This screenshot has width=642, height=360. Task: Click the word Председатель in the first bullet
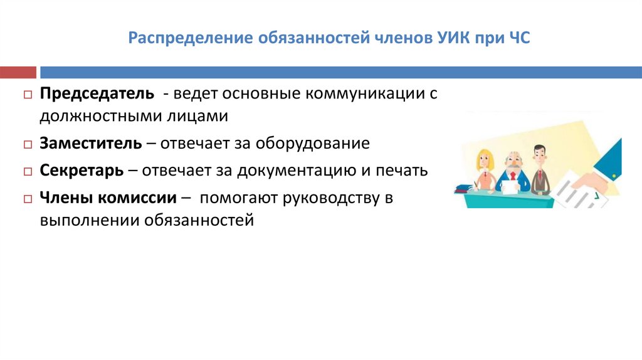[x=97, y=93]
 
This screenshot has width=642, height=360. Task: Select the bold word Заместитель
[x=91, y=143]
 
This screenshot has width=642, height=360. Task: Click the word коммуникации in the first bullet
[x=366, y=93]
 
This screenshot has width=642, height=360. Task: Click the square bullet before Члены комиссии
[x=28, y=199]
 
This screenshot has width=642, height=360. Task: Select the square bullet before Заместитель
[x=28, y=144]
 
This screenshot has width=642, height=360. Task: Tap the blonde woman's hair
[x=484, y=157]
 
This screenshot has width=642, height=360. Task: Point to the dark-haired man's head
[x=540, y=153]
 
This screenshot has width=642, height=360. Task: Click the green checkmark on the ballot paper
[x=589, y=194]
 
